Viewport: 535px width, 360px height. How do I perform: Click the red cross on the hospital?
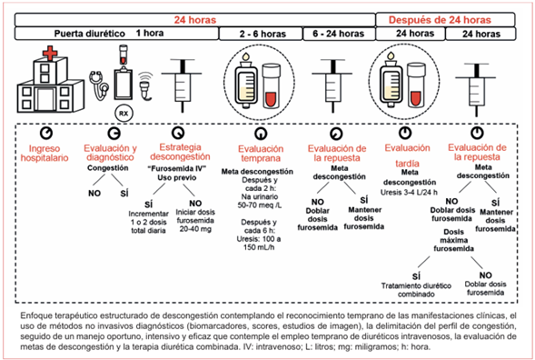[50, 54]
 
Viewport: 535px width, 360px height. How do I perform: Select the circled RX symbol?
[124, 114]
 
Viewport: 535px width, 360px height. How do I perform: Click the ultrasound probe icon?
[145, 86]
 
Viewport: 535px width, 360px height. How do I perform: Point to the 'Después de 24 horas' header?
[440, 20]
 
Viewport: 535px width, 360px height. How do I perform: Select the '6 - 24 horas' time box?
[339, 34]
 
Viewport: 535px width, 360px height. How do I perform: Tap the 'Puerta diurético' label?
[89, 34]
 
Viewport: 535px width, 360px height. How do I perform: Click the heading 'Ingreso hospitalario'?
[45, 153]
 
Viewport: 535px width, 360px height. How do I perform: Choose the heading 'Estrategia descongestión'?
[180, 152]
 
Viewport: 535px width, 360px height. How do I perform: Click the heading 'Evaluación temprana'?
[261, 154]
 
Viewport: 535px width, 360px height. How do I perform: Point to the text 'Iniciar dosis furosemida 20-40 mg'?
[195, 221]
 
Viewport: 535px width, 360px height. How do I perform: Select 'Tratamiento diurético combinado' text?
[416, 290]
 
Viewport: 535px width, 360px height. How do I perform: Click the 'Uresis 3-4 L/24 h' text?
[409, 193]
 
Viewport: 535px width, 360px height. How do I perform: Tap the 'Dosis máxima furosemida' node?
[454, 240]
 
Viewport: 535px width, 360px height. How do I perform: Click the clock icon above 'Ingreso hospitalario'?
[46, 133]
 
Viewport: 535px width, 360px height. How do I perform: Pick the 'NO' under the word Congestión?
[94, 194]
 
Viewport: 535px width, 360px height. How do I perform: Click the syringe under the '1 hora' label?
[183, 85]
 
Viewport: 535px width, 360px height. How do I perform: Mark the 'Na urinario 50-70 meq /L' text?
[260, 201]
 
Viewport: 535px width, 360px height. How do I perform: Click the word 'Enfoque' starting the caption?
[35, 315]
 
